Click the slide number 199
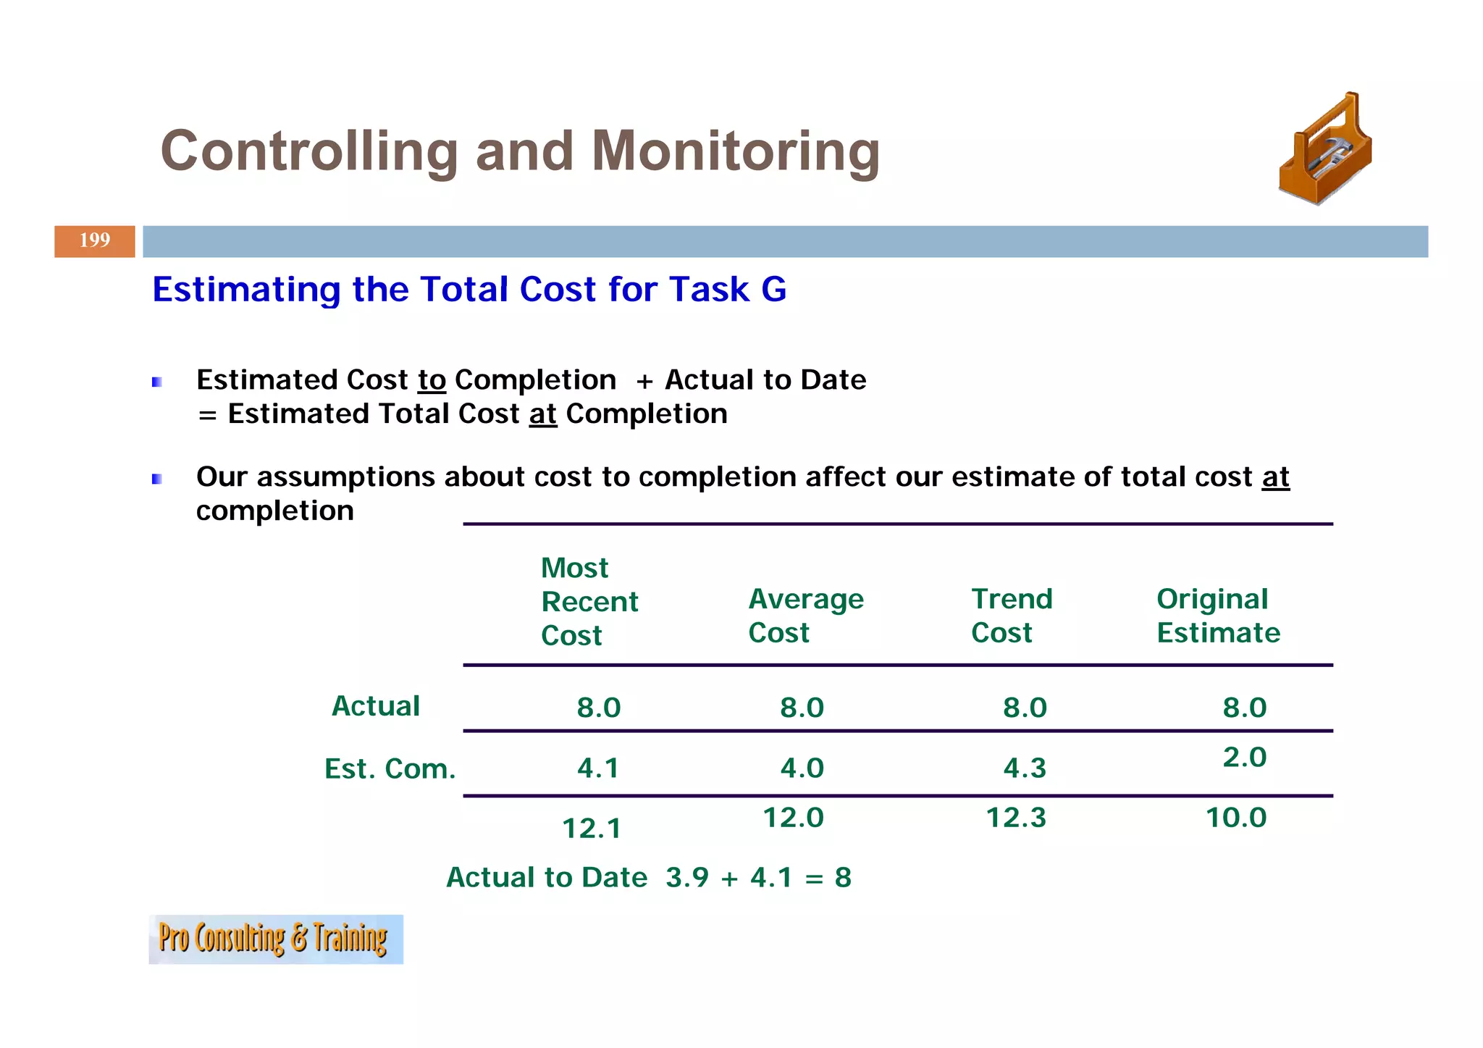pyautogui.click(x=95, y=240)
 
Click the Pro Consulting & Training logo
pyautogui.click(x=275, y=939)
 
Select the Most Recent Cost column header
pyautogui.click(x=589, y=601)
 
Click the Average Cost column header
pyautogui.click(x=805, y=616)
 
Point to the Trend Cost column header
pyautogui.click(x=1011, y=616)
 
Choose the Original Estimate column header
pyautogui.click(x=1218, y=616)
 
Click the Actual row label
pyautogui.click(x=375, y=706)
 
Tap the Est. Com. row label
pyautogui.click(x=390, y=768)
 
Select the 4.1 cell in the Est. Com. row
pyautogui.click(x=598, y=768)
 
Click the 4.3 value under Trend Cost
pyautogui.click(x=1024, y=768)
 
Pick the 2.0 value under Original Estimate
pyautogui.click(x=1244, y=758)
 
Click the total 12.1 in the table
pyautogui.click(x=591, y=829)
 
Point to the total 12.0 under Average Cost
pyautogui.click(x=793, y=818)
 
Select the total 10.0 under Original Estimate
pyautogui.click(x=1235, y=818)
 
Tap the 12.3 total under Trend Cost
pyautogui.click(x=1015, y=818)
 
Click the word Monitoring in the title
pyautogui.click(x=735, y=151)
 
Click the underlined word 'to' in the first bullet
pyautogui.click(x=432, y=380)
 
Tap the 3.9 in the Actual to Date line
pyautogui.click(x=686, y=878)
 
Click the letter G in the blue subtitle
pyautogui.click(x=773, y=290)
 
